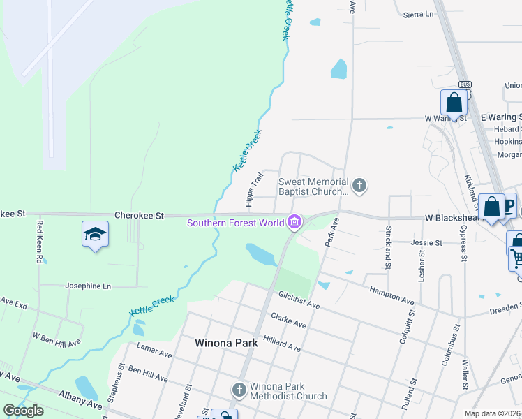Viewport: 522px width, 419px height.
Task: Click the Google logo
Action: pos(23,411)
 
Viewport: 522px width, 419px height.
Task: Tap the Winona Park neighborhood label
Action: pos(225,343)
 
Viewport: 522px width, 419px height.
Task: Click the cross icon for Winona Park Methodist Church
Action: pos(239,388)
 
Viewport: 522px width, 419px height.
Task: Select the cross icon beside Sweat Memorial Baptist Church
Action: pos(359,185)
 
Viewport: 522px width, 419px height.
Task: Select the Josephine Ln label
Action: pos(88,286)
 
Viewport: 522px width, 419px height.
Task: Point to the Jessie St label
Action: pos(427,242)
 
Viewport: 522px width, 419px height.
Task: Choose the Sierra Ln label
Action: pos(418,13)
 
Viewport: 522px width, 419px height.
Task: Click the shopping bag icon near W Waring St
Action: pos(454,103)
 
